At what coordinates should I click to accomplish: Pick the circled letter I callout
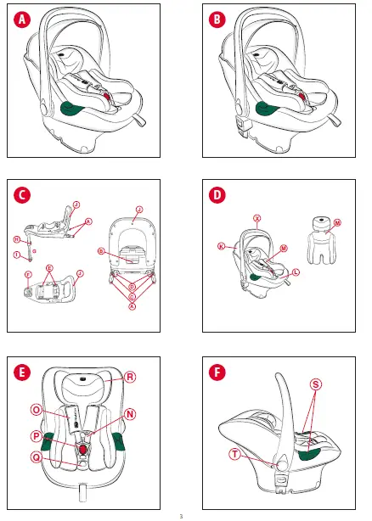coord(18,254)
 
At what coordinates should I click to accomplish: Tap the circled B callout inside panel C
coord(100,251)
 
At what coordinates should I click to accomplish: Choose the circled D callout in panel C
coord(132,289)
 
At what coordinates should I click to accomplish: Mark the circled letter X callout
coord(256,218)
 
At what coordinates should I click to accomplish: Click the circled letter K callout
coord(221,246)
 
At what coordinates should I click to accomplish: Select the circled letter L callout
coord(296,272)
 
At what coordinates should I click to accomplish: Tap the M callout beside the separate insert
coord(337,222)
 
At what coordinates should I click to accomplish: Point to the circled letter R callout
coord(131,377)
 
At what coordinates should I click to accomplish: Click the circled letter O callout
coord(37,409)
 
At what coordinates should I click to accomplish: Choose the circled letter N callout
coord(130,414)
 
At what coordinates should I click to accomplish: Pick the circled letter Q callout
coord(37,456)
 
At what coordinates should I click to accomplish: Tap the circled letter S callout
coord(316,384)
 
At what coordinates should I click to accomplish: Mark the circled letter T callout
coord(234,455)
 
